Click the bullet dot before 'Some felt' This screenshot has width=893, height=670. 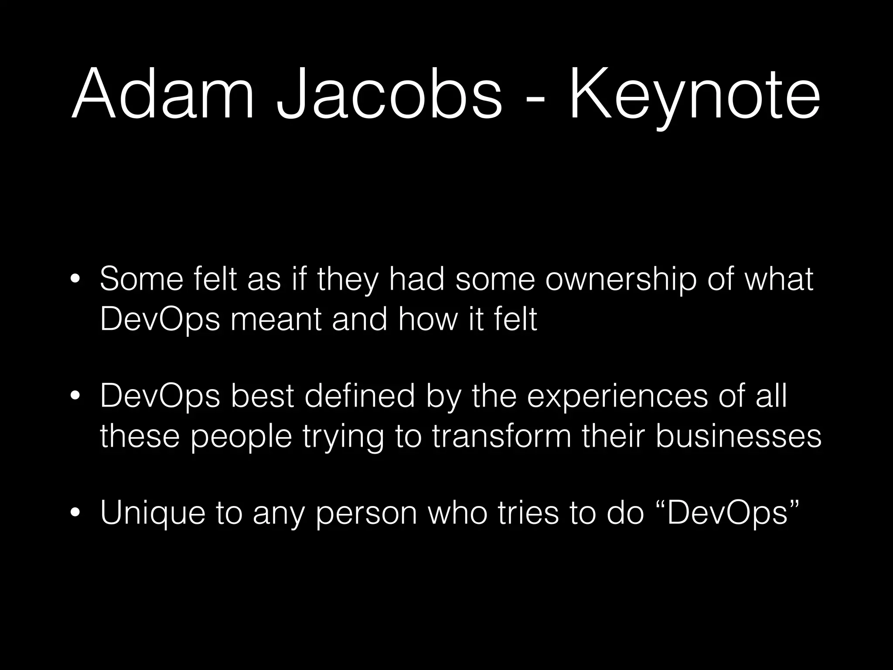75,280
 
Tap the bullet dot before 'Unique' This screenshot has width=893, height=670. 75,513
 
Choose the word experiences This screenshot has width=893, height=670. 617,397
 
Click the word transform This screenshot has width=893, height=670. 502,436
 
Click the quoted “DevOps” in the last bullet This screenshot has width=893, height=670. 728,513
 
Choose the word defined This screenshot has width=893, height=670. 359,397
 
